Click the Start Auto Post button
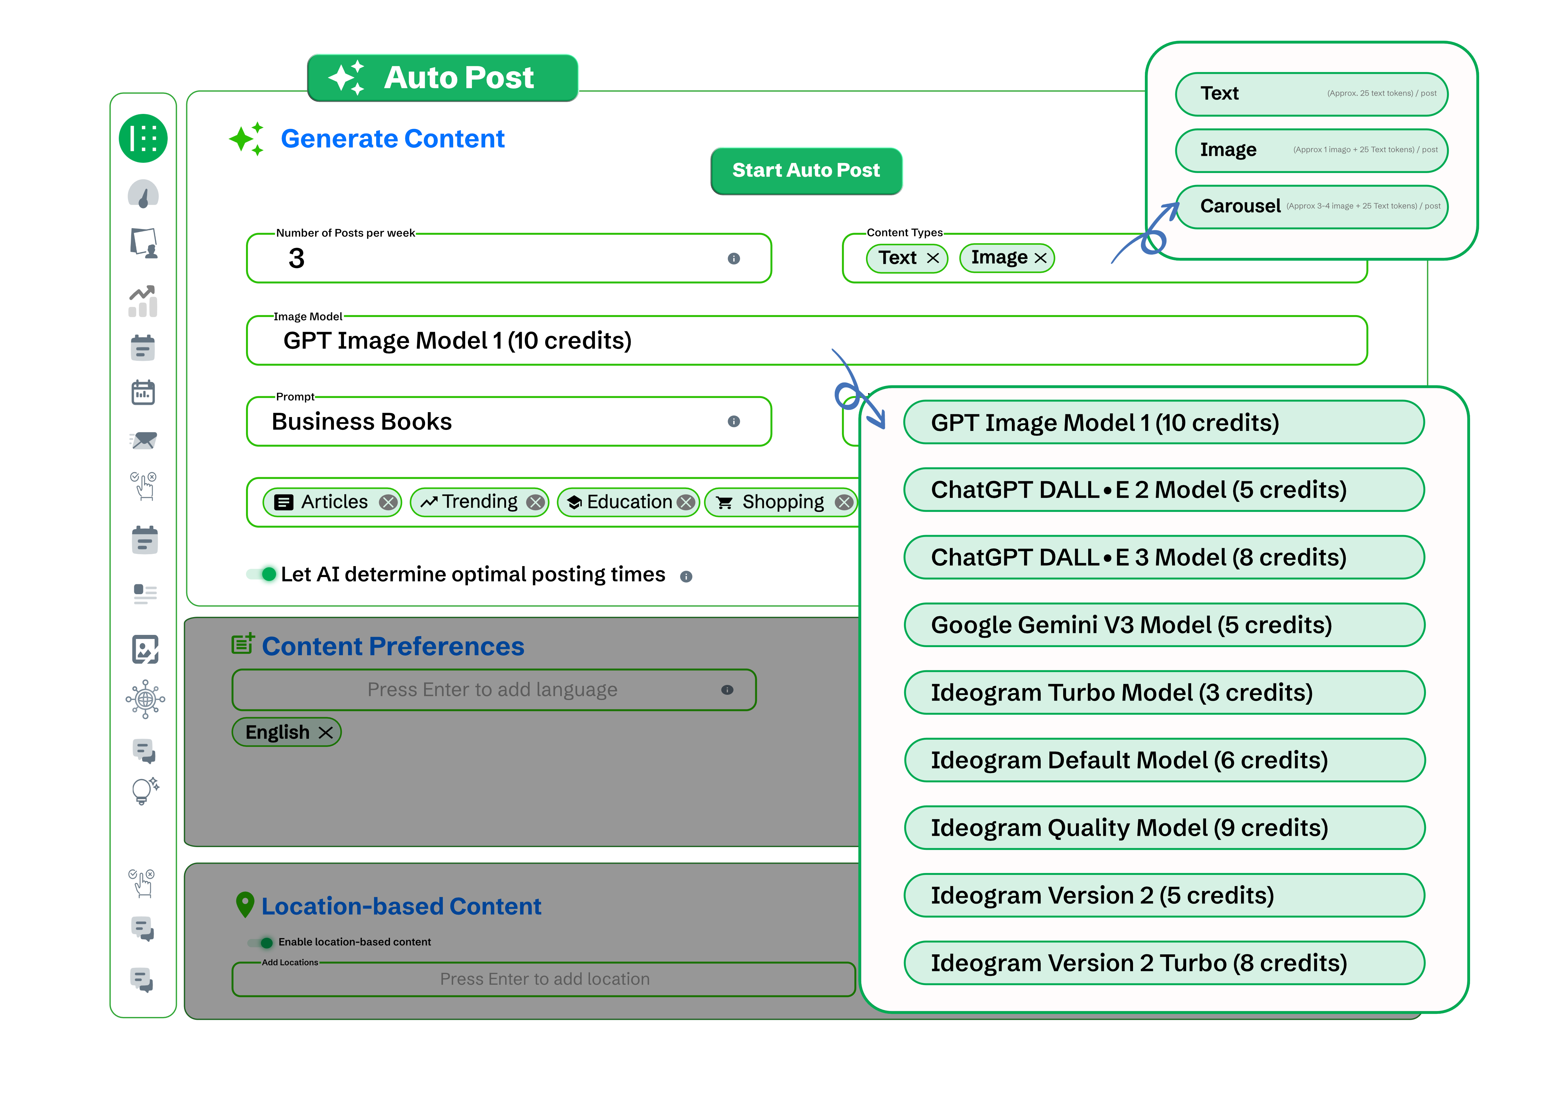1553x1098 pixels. pyautogui.click(x=806, y=170)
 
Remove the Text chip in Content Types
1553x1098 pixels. pyautogui.click(x=933, y=258)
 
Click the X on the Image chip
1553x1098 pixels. pyautogui.click(x=1040, y=258)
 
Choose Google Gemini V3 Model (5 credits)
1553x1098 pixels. pyautogui.click(x=1163, y=625)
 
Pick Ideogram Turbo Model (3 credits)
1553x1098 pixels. pyautogui.click(x=1163, y=692)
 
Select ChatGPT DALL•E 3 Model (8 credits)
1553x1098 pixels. pyautogui.click(x=1163, y=557)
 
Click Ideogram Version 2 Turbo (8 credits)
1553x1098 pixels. pyautogui.click(x=1163, y=963)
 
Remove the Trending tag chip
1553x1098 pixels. pyautogui.click(x=536, y=502)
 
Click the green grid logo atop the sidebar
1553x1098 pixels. pyautogui.click(x=143, y=139)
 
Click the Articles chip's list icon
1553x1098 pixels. pyautogui.click(x=284, y=502)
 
